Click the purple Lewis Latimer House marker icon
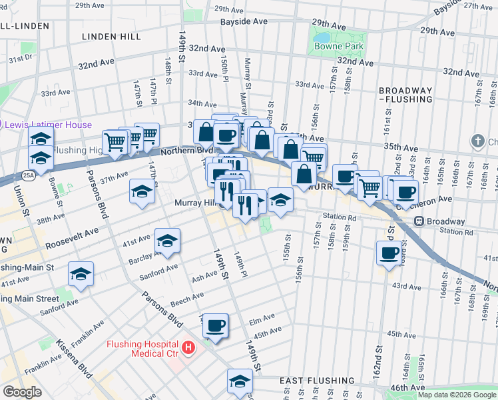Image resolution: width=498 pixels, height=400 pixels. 2,125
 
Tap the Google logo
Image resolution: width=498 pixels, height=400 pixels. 22,392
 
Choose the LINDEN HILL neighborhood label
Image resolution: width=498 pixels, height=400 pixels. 111,37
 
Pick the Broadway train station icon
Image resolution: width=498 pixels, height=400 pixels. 419,221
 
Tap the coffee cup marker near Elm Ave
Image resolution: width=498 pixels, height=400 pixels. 215,325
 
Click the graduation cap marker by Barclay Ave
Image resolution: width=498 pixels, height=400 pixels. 167,241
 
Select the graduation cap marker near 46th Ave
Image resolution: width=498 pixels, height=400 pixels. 240,381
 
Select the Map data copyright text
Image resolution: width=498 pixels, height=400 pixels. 456,395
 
